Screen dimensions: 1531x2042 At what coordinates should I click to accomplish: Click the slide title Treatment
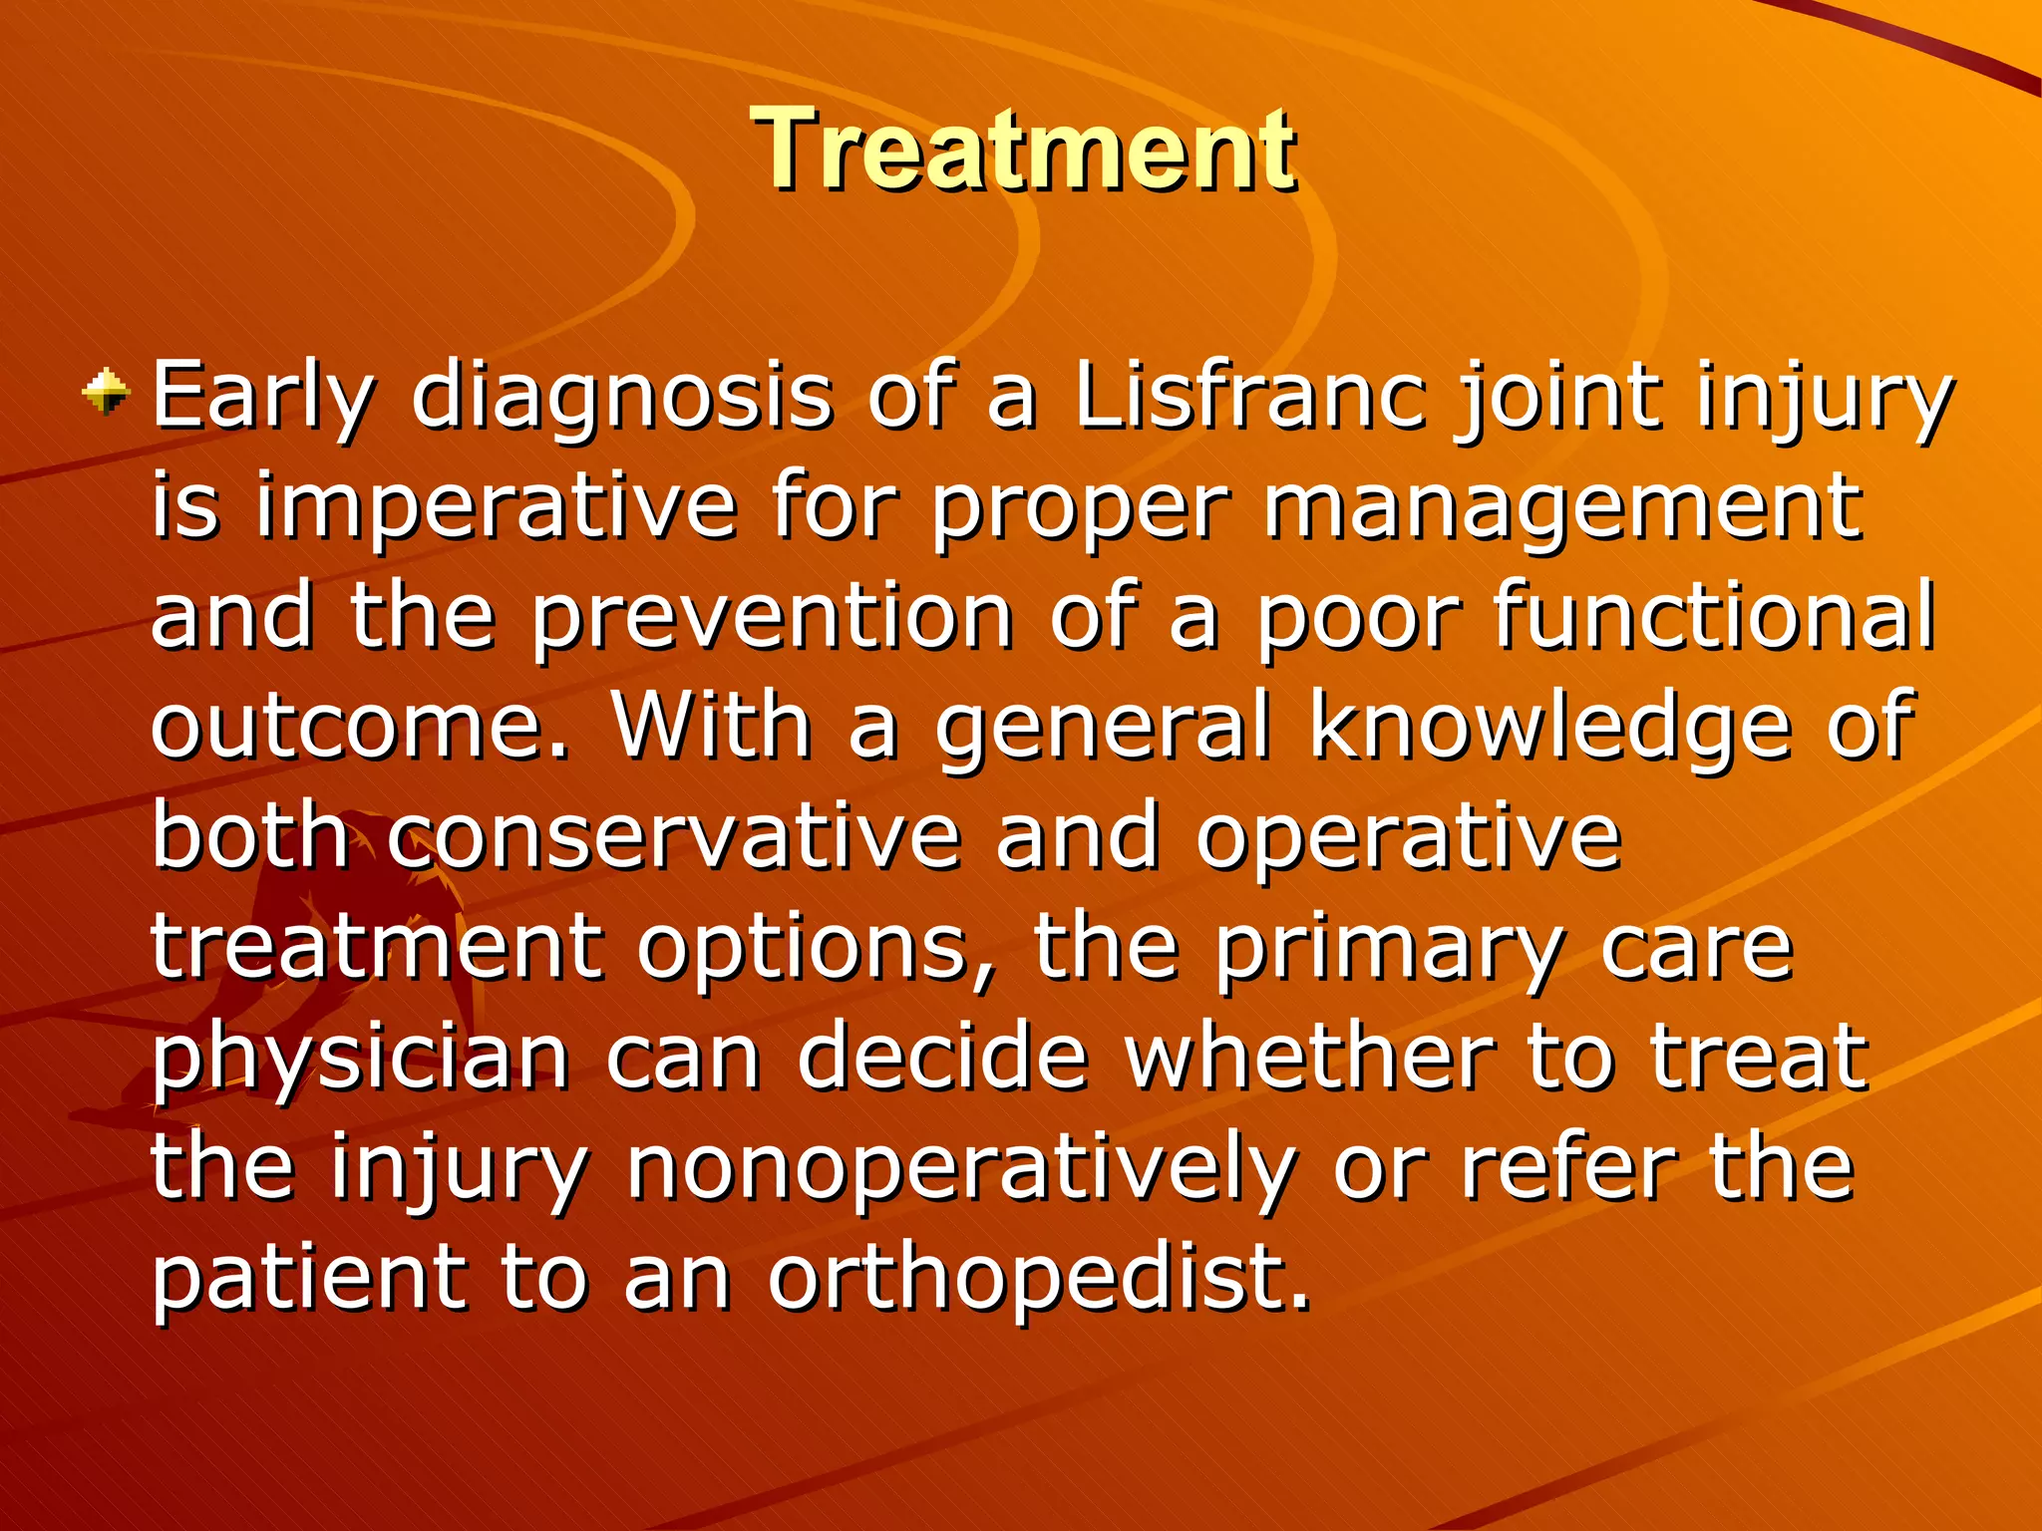(x=1023, y=152)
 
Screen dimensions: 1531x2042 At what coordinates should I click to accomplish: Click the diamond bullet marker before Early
(x=106, y=392)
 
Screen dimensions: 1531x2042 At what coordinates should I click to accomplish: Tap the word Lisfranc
(x=1248, y=397)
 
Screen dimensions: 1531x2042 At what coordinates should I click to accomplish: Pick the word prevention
(x=771, y=620)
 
